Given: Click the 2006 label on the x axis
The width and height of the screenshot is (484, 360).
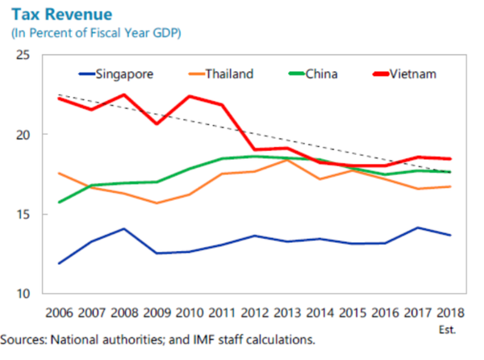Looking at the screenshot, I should tap(60, 312).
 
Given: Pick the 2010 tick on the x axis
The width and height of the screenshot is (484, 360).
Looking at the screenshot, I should tap(190, 312).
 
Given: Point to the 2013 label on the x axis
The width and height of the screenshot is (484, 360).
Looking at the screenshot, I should tap(286, 312).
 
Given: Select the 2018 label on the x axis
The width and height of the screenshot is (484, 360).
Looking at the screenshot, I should tap(448, 312).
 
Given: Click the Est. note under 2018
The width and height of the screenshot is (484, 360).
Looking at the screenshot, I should tap(448, 328).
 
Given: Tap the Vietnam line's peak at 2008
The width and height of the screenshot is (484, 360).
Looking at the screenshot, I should tap(125, 94).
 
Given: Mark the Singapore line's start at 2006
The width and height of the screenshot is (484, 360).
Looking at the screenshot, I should tap(60, 263).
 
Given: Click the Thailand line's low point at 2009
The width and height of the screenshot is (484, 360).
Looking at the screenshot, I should tap(157, 203).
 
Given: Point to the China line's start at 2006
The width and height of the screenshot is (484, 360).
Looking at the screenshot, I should tap(60, 202).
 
